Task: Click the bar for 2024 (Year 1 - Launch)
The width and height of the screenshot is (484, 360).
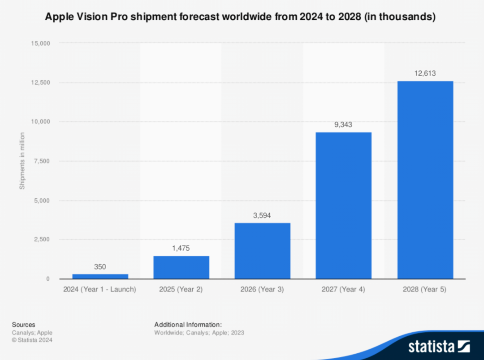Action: pos(100,276)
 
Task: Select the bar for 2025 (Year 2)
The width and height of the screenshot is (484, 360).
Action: pos(181,267)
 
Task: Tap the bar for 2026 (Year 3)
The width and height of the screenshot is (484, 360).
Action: pos(262,251)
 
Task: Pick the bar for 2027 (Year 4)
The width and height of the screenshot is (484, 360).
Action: pos(343,206)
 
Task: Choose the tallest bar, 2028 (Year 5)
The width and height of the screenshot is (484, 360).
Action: pos(425,180)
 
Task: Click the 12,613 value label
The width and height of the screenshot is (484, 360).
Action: pos(425,73)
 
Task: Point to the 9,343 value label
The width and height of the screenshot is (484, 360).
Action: pos(343,124)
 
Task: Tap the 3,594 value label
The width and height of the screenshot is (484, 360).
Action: pos(262,215)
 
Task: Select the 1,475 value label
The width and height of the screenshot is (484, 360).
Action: pos(181,249)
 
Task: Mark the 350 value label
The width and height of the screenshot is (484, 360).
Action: pos(100,267)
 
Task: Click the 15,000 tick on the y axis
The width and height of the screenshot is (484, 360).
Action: pos(40,43)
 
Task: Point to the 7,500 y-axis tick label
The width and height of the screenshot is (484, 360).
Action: pos(42,161)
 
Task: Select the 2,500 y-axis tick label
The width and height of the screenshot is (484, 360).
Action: pos(42,240)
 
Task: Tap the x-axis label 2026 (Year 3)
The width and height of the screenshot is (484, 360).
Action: pos(262,289)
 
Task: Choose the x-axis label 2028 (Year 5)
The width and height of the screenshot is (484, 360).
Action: pos(425,289)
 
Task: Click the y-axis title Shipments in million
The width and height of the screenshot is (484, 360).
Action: pos(22,161)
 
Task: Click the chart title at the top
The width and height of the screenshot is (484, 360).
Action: pos(240,17)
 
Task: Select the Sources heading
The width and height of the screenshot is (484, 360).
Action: pos(23,325)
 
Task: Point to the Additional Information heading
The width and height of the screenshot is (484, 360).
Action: pos(188,325)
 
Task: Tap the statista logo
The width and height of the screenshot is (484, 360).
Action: pos(438,346)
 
